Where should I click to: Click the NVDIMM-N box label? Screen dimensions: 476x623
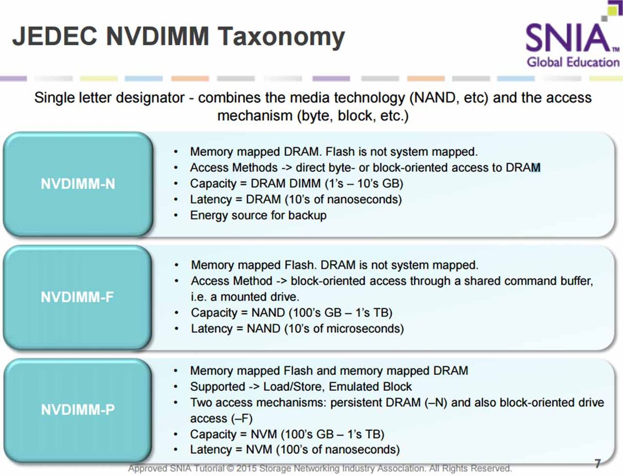point(78,184)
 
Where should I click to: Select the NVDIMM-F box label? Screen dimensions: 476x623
point(78,297)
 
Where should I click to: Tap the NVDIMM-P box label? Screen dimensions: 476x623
point(78,410)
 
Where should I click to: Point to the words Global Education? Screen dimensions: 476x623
point(573,62)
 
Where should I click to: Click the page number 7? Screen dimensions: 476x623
point(598,464)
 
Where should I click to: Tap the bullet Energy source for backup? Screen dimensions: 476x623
point(258,215)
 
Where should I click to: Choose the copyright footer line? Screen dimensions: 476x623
point(320,468)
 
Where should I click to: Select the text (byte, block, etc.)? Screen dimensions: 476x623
point(352,115)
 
